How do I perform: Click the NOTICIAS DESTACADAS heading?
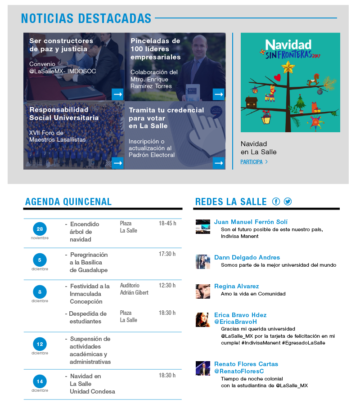(86, 18)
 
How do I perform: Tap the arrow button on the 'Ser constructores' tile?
(117, 94)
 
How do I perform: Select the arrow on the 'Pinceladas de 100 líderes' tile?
(219, 94)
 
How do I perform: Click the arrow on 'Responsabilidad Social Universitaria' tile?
(117, 163)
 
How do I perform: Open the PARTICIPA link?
(252, 162)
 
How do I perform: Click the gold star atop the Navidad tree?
(288, 67)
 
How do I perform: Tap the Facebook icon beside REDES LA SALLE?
(276, 201)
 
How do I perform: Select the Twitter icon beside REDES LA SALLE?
(288, 201)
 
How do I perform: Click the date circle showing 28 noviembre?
(40, 229)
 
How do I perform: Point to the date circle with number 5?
(40, 260)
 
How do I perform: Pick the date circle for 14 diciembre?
(40, 381)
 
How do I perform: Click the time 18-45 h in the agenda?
(167, 224)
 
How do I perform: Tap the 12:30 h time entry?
(167, 286)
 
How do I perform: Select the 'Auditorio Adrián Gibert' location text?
(134, 289)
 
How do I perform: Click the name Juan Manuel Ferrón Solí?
(251, 222)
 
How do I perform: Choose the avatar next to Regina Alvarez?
(203, 291)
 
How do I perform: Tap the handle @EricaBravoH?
(236, 322)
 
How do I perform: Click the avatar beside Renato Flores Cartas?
(203, 368)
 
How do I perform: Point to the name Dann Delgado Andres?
(247, 257)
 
